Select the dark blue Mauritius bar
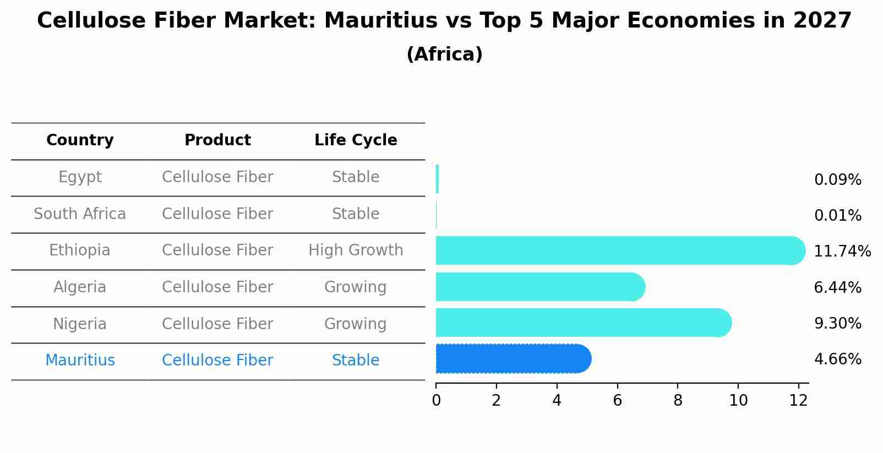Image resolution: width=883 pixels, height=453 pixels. tap(512, 359)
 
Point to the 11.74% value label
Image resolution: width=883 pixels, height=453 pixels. tap(842, 252)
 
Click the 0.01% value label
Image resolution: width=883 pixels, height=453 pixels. tap(837, 216)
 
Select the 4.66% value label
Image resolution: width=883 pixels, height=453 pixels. tap(837, 359)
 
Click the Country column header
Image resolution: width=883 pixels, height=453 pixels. tap(80, 140)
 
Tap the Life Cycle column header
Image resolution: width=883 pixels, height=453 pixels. tap(356, 140)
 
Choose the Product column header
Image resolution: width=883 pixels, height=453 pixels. tap(217, 140)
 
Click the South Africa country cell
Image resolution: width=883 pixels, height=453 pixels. tap(80, 214)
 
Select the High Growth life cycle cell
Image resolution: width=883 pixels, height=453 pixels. tap(356, 250)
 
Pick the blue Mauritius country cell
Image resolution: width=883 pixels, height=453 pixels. tap(80, 361)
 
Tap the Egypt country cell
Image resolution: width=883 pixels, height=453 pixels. tap(80, 177)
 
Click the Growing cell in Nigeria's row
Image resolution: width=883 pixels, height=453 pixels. tap(356, 324)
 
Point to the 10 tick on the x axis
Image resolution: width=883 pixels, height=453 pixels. tap(738, 401)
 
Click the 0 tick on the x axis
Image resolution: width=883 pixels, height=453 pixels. tap(436, 401)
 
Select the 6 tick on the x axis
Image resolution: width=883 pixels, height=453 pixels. tap(617, 401)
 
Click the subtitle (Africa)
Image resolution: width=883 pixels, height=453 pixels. tap(444, 54)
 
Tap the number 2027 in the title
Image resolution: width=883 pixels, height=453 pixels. tap(822, 21)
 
